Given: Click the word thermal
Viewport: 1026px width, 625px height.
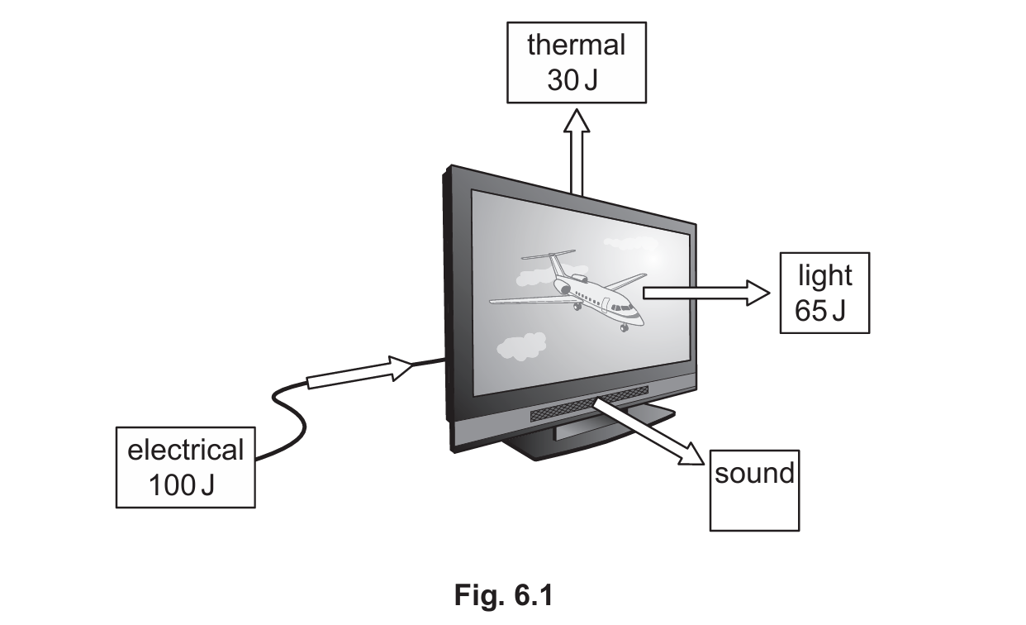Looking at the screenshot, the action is pos(577,45).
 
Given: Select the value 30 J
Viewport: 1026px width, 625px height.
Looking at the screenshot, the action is pos(572,80).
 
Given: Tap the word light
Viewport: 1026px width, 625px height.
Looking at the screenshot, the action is pos(825,275).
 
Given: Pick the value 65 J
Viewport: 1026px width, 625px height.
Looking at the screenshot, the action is pos(819,311).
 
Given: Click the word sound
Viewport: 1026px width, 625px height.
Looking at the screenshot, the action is pos(754,473).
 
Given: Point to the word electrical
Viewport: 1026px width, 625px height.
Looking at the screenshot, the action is pos(186,450).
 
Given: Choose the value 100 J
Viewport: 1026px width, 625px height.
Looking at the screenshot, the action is pos(182,484).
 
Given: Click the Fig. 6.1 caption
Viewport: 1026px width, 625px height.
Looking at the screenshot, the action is pos(504,595).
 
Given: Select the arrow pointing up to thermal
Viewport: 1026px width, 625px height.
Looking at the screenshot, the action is pos(577,152).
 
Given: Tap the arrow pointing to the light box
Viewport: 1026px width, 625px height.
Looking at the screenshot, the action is pos(706,293).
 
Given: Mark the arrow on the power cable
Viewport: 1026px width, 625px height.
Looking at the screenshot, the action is pos(360,372).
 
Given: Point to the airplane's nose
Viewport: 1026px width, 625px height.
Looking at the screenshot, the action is pos(639,320).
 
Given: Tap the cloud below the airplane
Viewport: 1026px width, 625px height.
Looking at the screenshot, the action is pos(521,346).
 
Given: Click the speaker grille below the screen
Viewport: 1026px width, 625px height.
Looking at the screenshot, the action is pos(590,404).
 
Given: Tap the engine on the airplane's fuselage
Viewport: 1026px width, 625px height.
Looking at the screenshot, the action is pos(563,288).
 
